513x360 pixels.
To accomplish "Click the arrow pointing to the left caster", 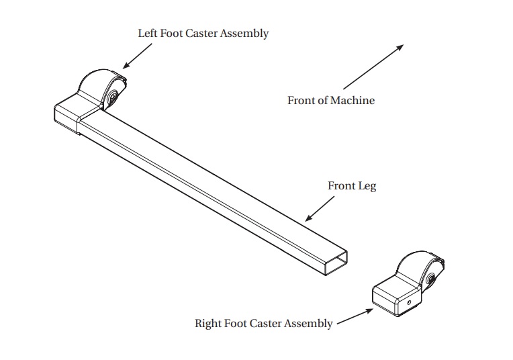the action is point(138,56).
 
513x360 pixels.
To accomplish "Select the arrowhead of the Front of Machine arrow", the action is point(400,48).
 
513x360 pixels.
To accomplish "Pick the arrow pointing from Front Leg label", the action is point(320,209).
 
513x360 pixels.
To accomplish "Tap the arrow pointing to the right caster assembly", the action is point(355,316).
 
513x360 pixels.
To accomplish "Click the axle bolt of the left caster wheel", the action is point(113,96).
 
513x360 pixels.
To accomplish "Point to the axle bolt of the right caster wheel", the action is point(430,279).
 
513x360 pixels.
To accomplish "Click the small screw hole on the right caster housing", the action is point(409,302).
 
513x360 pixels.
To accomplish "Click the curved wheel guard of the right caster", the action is point(416,263).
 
